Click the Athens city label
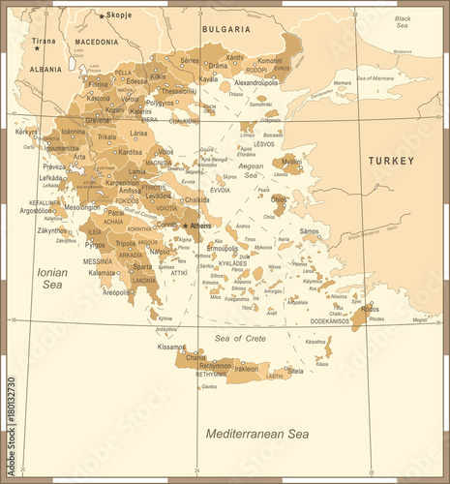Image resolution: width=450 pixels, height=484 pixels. tap(201, 227)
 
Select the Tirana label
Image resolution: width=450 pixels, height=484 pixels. tap(44, 42)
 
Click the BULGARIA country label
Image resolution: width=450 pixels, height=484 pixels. tap(226, 30)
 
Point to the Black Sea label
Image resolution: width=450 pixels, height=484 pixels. tap(403, 23)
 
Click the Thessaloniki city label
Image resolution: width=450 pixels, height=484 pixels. tap(179, 90)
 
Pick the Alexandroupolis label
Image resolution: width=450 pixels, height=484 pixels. tap(256, 83)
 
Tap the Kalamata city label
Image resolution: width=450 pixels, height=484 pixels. tap(103, 273)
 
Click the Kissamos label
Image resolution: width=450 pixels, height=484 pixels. tap(172, 347)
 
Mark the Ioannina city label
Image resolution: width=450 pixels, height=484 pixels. tap(73, 131)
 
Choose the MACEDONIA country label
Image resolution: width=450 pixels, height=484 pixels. tap(97, 43)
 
